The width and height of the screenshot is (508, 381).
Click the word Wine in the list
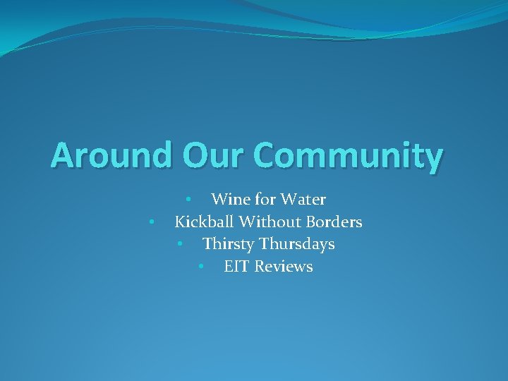pyautogui.click(x=228, y=200)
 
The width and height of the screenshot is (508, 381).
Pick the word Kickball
pyautogui.click(x=205, y=222)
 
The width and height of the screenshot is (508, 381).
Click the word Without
pyautogui.click(x=270, y=222)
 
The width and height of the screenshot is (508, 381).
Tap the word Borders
pyautogui.click(x=334, y=222)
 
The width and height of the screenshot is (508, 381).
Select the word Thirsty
pyautogui.click(x=229, y=244)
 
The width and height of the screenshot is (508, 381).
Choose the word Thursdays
pyautogui.click(x=297, y=245)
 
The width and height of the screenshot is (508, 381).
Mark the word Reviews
pyautogui.click(x=284, y=267)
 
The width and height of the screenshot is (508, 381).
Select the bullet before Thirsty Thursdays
pyautogui.click(x=180, y=245)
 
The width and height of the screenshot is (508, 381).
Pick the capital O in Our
pyautogui.click(x=195, y=155)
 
